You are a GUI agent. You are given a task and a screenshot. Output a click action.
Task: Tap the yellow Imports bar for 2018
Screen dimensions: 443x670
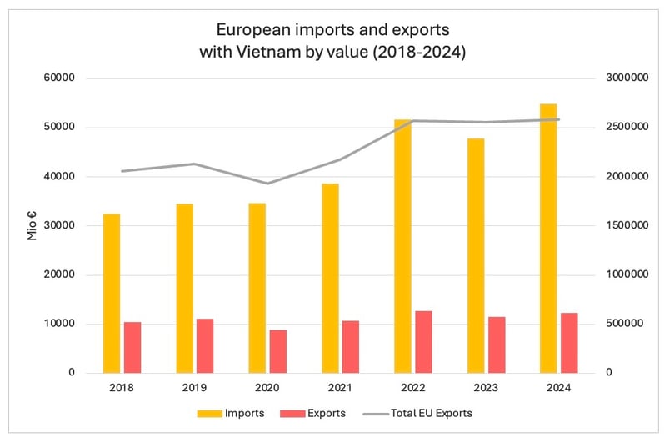click(112, 293)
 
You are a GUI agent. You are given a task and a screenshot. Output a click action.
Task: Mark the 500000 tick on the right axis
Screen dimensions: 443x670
click(622, 324)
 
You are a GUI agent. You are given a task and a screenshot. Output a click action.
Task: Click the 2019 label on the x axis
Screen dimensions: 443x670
click(194, 388)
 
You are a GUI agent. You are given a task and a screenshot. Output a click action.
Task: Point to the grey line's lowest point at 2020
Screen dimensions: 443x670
click(267, 184)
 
